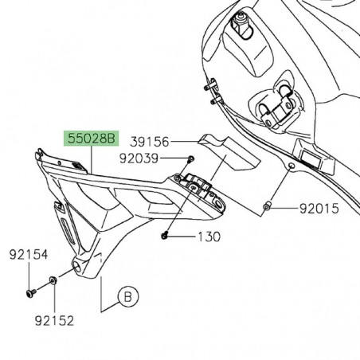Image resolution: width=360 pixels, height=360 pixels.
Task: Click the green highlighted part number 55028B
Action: click(x=91, y=139)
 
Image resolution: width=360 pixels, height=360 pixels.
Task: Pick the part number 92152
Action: click(x=53, y=320)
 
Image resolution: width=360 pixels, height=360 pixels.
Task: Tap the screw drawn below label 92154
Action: click(x=29, y=292)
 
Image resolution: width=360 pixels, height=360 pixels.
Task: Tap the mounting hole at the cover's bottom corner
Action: click(x=76, y=264)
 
